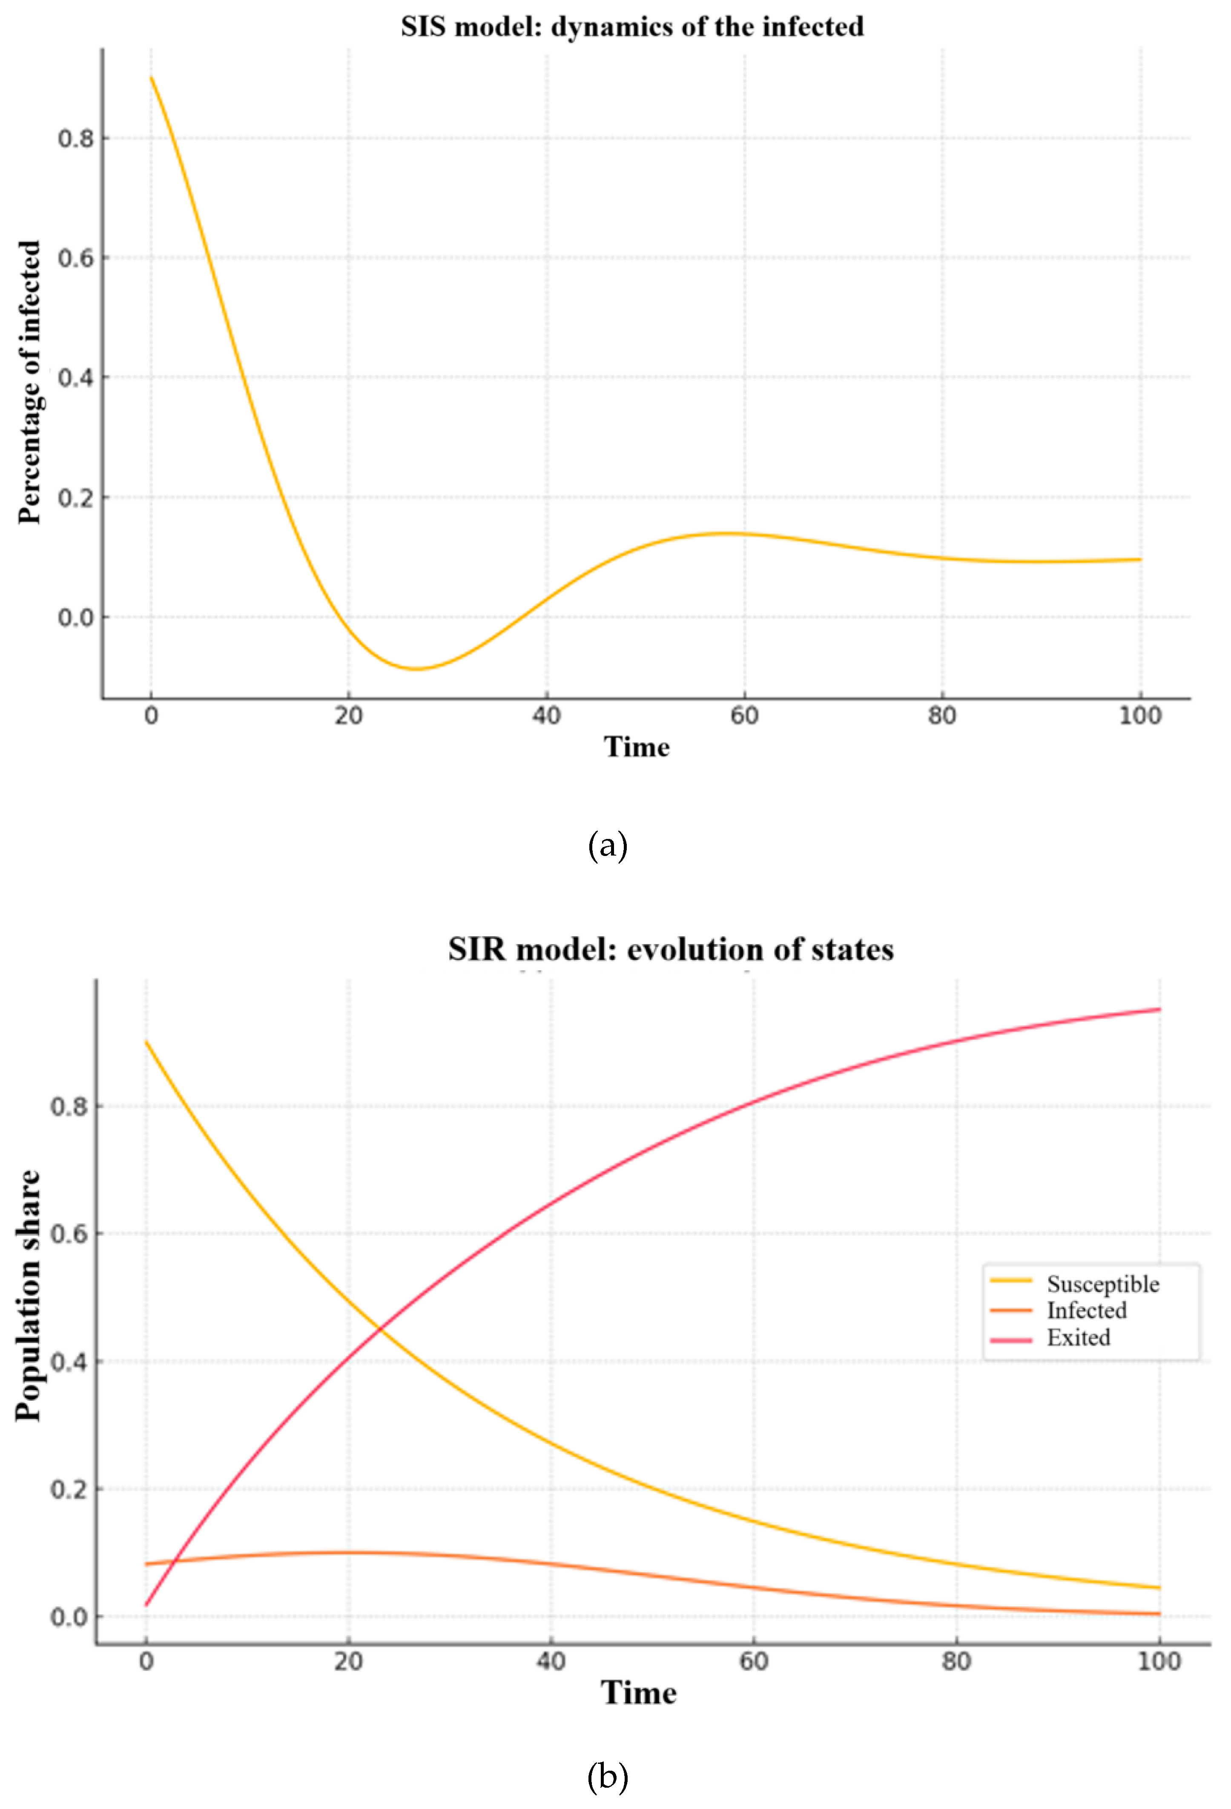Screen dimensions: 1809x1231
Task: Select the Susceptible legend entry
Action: click(1102, 1284)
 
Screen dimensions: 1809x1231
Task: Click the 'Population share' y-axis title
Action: click(28, 1296)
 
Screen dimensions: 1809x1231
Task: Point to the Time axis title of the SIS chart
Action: click(636, 747)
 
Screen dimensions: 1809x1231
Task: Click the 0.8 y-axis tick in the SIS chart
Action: click(75, 139)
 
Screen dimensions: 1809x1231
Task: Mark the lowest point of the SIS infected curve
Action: click(416, 669)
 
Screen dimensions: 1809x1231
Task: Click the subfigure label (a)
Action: click(607, 845)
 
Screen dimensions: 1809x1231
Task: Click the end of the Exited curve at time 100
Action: click(1159, 1010)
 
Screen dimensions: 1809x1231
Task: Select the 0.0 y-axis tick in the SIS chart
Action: click(75, 617)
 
